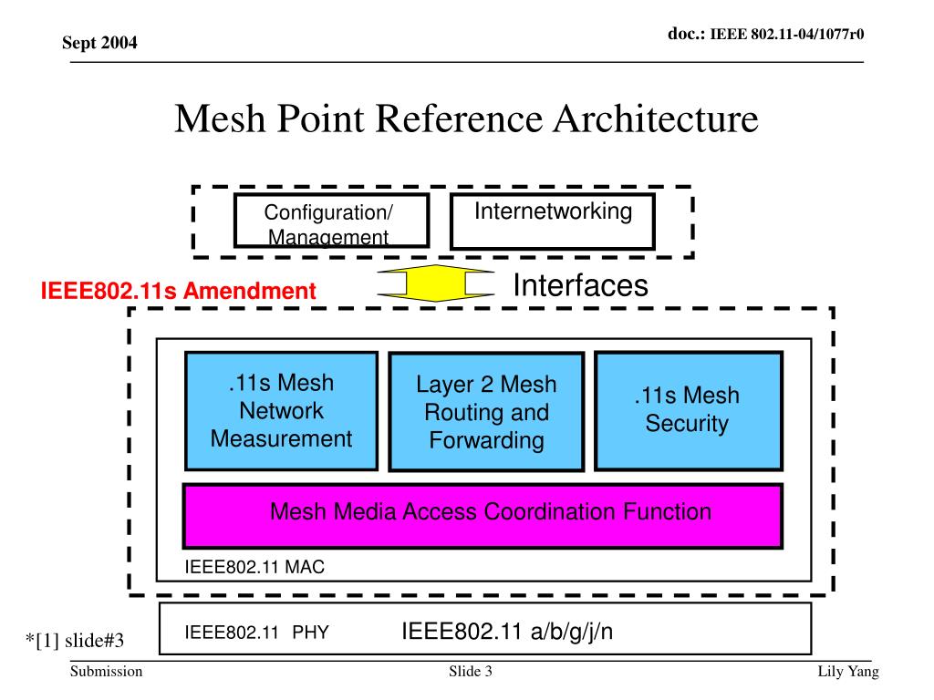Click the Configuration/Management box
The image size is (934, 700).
click(331, 221)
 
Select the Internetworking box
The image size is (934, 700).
click(553, 221)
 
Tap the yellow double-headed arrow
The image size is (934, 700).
click(435, 283)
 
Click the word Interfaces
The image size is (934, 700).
click(580, 285)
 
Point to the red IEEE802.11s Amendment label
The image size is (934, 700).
click(178, 291)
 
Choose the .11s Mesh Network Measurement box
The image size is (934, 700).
click(281, 411)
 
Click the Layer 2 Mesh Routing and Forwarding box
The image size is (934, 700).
click(486, 412)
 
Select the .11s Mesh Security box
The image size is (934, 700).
click(688, 411)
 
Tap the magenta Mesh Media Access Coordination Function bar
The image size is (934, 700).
click(483, 516)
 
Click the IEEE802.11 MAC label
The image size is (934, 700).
click(254, 567)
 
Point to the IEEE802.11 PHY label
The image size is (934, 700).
click(256, 633)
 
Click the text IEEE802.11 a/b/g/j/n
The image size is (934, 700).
click(507, 631)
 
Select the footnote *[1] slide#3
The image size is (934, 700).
click(75, 641)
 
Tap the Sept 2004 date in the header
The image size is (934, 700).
click(99, 43)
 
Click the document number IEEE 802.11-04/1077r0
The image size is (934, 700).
click(787, 34)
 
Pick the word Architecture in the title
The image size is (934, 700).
click(656, 118)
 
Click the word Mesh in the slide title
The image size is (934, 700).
click(220, 118)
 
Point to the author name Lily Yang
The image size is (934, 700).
click(848, 672)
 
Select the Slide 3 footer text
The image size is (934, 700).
click(471, 672)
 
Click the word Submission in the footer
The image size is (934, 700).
click(107, 672)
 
